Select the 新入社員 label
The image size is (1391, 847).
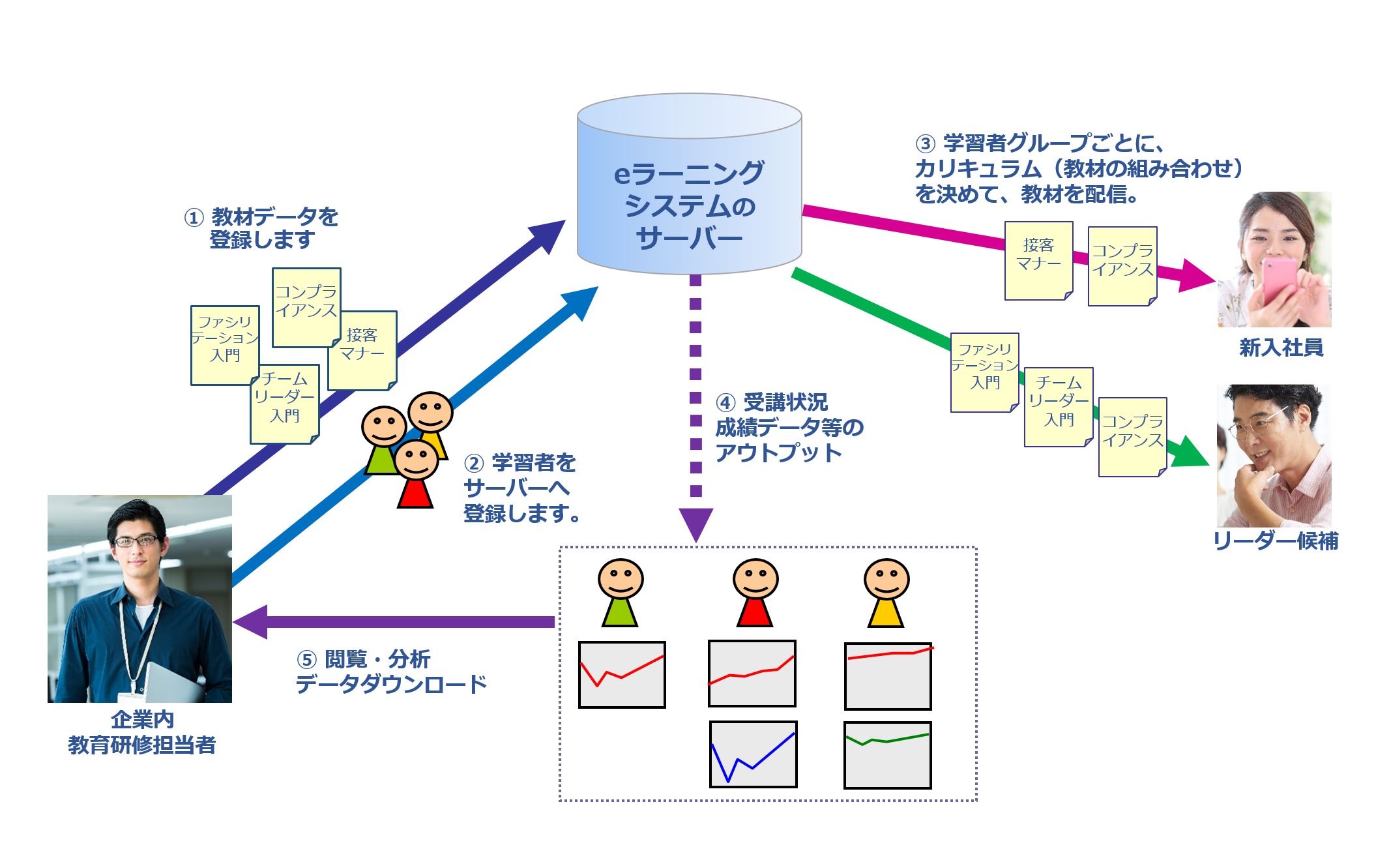1281,348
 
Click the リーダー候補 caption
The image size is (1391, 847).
1276,541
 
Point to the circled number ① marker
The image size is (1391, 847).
194,217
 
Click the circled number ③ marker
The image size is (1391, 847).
925,143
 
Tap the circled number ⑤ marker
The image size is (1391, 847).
306,659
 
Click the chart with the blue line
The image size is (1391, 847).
753,754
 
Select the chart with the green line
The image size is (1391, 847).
887,755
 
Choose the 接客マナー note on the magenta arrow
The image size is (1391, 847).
1038,260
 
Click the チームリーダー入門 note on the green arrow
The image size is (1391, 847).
1058,406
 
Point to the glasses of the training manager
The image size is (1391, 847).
136,541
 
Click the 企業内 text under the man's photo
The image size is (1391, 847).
142,719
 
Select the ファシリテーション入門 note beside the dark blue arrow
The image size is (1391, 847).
225,344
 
